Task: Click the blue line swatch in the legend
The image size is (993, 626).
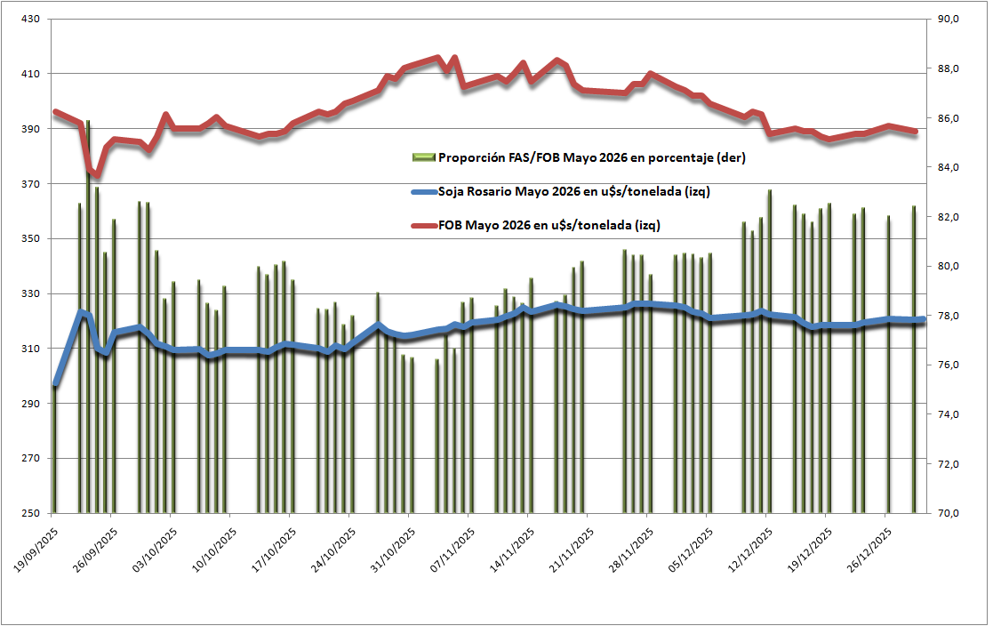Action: point(424,191)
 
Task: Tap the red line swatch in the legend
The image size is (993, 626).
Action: point(424,225)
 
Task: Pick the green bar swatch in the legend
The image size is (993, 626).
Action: point(424,157)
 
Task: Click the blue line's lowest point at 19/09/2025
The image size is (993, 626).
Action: point(55,384)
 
